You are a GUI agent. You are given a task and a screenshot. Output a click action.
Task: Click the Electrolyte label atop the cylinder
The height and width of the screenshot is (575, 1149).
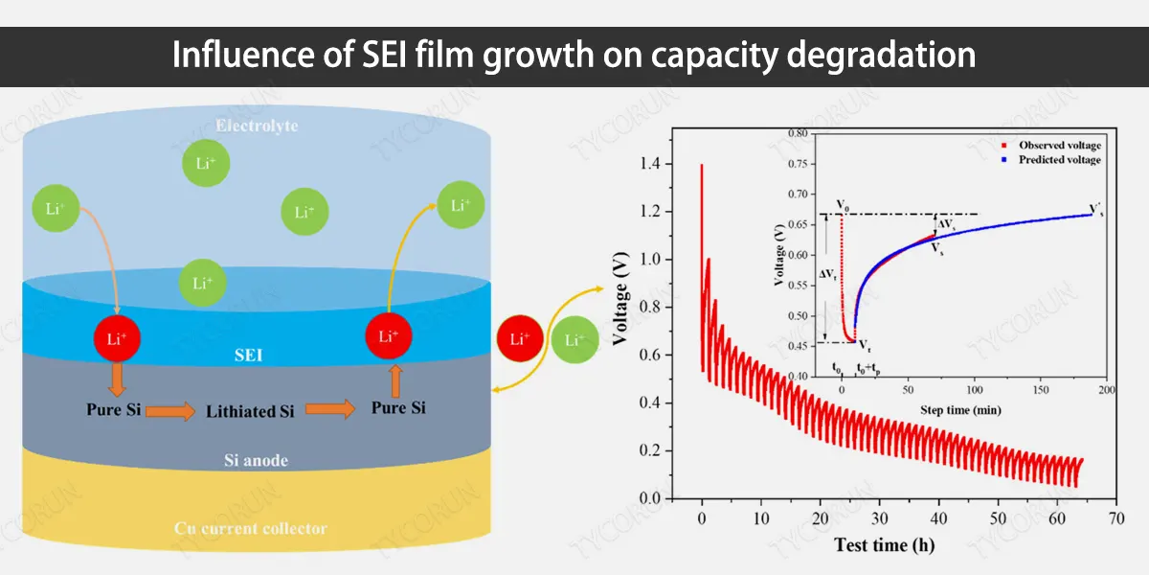pos(256,126)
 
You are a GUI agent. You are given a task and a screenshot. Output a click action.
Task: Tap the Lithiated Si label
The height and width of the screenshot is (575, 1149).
pos(251,411)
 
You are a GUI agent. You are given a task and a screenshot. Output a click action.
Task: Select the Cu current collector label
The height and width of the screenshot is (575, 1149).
pos(251,528)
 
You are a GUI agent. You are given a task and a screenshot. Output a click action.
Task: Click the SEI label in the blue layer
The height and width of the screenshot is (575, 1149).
pos(250,356)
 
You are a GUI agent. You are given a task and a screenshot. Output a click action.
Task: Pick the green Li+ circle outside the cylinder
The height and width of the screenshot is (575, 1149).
pos(574,339)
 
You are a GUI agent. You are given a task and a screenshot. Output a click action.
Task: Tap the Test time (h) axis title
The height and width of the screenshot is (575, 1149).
pos(884,545)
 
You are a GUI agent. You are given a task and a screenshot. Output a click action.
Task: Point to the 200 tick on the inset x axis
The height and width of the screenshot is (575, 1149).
pos(1108,391)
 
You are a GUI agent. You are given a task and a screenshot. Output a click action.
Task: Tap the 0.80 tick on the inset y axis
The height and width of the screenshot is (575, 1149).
pos(793,132)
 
